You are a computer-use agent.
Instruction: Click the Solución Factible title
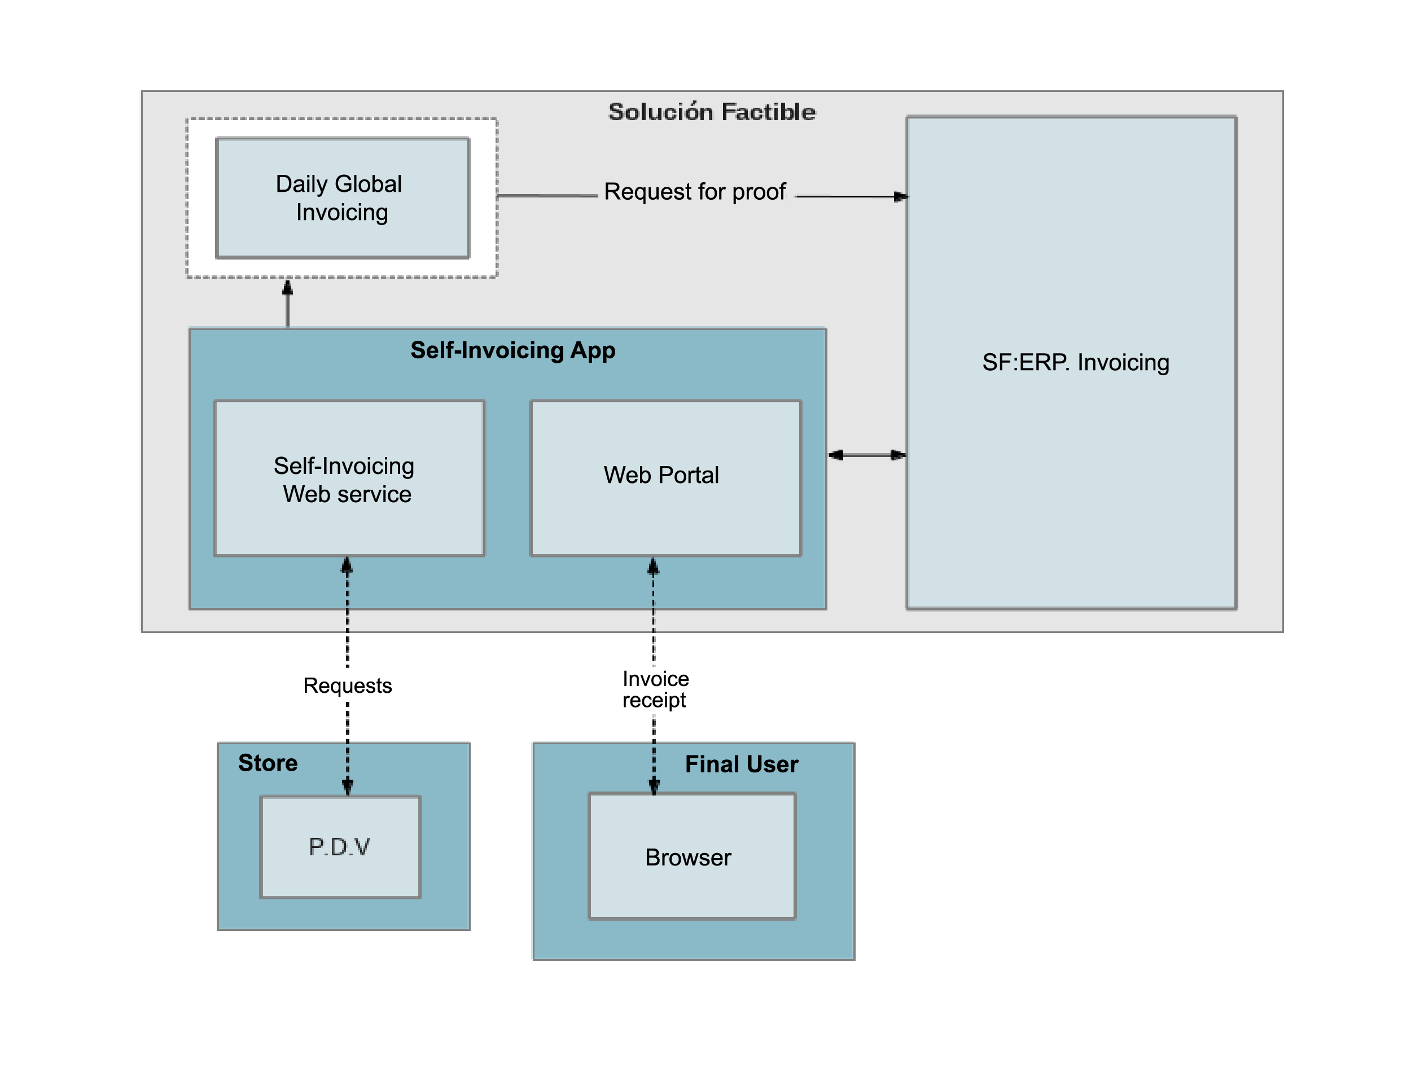(711, 112)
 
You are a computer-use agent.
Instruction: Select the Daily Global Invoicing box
(343, 197)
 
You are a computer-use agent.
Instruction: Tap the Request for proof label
(695, 192)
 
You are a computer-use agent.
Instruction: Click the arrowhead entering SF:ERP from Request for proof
(901, 196)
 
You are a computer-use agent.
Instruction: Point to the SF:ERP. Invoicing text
(1075, 362)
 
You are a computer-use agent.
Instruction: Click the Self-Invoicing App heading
(512, 350)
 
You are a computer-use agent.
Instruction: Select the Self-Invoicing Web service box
(349, 478)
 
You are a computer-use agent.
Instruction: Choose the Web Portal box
(665, 477)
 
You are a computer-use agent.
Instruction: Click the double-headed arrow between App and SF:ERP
(867, 455)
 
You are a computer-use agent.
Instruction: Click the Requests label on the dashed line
(348, 685)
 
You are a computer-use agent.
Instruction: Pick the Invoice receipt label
(655, 689)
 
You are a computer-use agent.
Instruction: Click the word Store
(268, 763)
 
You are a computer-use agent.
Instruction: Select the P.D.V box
(340, 847)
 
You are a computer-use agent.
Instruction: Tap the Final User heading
(741, 764)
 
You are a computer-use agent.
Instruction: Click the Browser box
(691, 856)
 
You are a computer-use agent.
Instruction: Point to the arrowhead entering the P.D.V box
(348, 786)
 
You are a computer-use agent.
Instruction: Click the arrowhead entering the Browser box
(654, 785)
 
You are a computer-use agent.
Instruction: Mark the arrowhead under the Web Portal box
(653, 566)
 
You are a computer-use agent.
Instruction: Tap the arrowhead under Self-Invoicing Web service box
(347, 566)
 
